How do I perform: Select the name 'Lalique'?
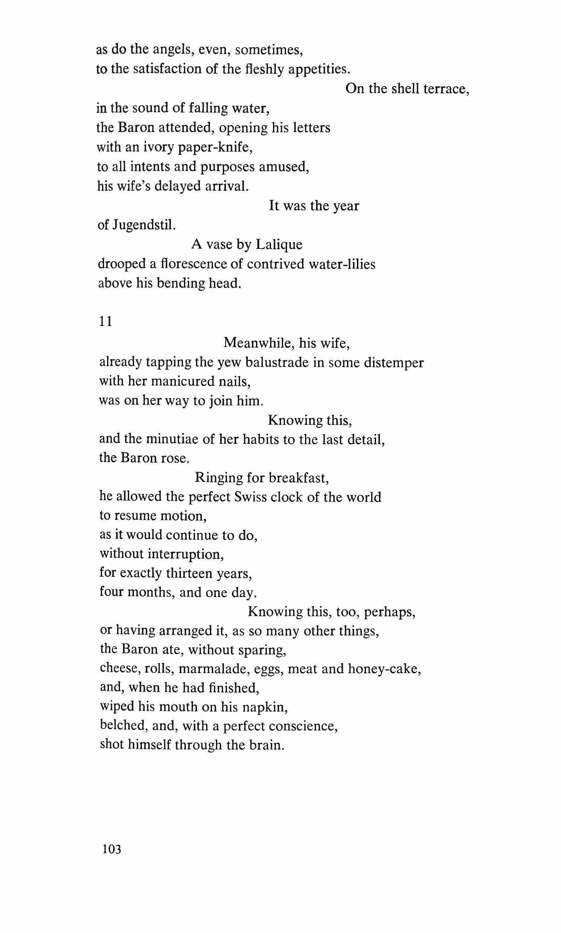(x=279, y=245)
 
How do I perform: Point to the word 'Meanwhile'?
(x=259, y=343)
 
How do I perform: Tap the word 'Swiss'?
(x=250, y=497)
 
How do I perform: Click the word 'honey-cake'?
(x=384, y=669)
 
